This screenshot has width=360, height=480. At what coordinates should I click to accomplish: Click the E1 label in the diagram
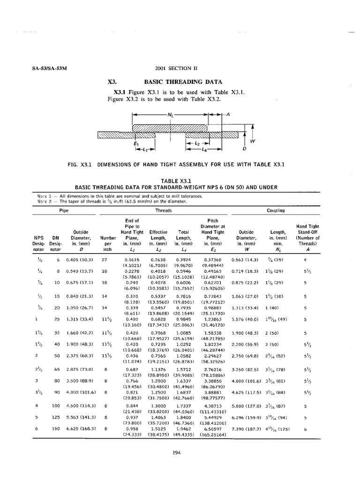(136, 143)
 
